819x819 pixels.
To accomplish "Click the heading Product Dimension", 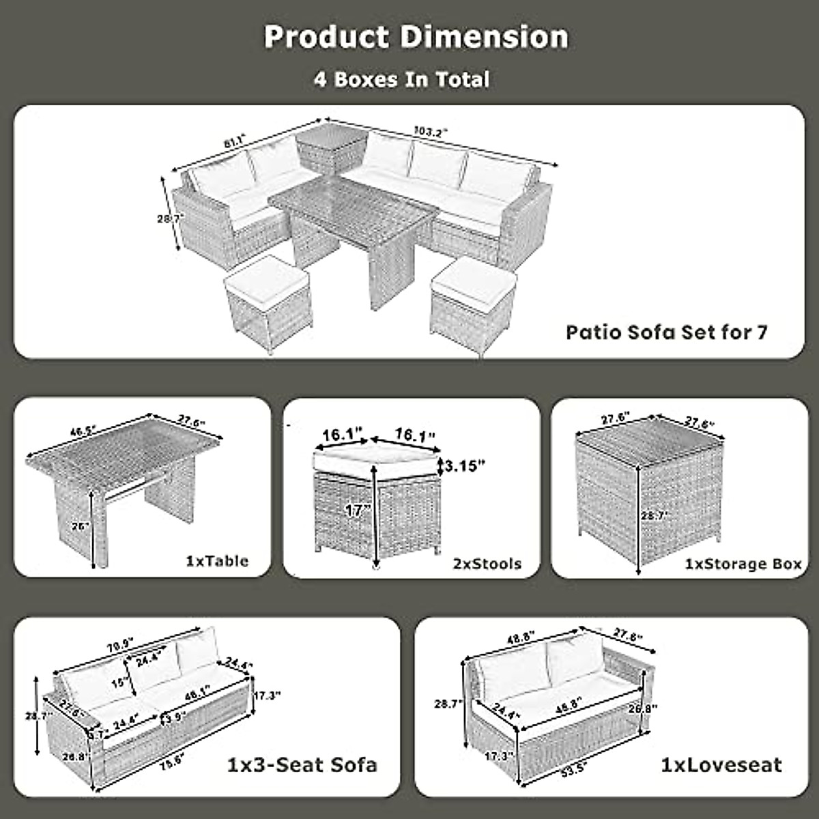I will click(416, 37).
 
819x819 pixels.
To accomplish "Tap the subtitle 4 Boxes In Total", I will click(401, 79).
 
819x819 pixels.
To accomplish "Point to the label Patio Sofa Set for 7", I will click(667, 332).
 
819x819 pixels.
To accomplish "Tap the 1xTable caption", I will click(217, 561).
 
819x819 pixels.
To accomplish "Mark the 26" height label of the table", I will click(81, 526).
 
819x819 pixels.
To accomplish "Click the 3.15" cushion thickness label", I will click(467, 465).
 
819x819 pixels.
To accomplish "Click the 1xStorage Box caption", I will click(743, 565).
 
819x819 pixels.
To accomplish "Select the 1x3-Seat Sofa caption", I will click(302, 764).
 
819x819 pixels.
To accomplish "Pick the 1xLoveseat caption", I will click(721, 764).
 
